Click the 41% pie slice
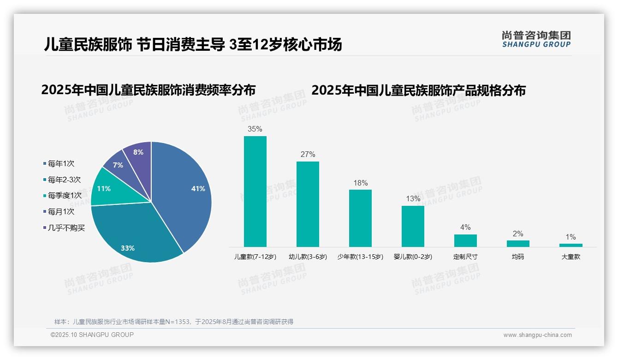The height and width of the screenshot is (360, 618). (x=184, y=189)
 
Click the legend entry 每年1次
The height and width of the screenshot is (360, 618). (x=61, y=163)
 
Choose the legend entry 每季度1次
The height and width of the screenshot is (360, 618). (x=64, y=196)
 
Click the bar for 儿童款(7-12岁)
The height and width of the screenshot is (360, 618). (x=255, y=192)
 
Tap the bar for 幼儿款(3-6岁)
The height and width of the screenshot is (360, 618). (x=308, y=204)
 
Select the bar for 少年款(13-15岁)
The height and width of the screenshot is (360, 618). (x=360, y=218)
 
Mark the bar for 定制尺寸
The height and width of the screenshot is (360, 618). (x=465, y=240)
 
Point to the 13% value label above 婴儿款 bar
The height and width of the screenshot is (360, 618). (x=413, y=199)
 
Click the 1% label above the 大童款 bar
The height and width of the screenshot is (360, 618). (x=570, y=237)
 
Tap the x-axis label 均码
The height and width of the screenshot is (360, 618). (x=518, y=257)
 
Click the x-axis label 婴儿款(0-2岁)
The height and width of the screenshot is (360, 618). (x=413, y=257)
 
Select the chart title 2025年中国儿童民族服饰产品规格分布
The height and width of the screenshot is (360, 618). (x=418, y=90)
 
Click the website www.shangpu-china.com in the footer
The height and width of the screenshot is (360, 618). (x=537, y=335)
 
